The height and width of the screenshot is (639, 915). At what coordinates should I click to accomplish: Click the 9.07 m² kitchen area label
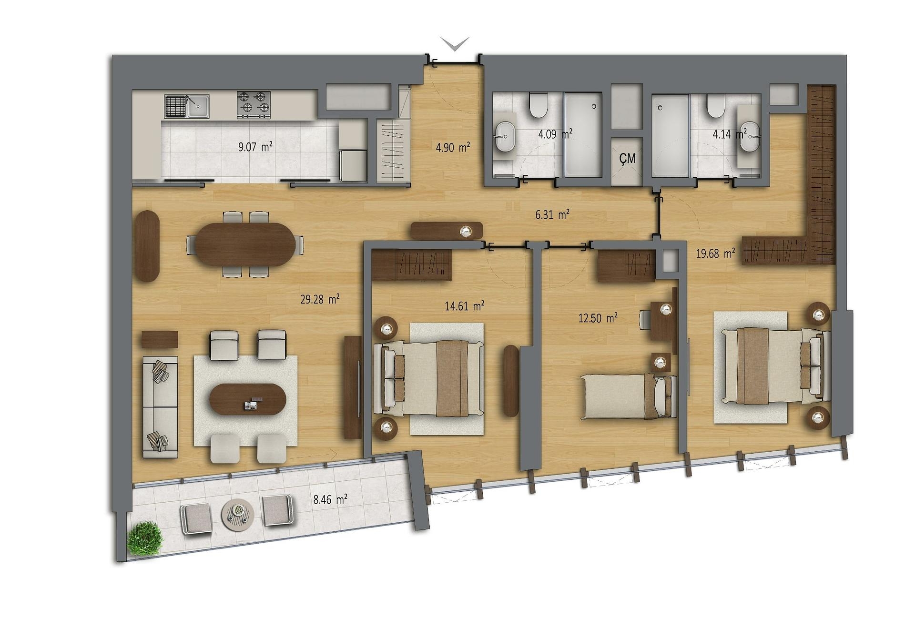(x=255, y=146)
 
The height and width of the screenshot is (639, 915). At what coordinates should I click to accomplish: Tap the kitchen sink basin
(x=198, y=106)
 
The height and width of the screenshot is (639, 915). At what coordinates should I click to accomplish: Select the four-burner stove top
(x=254, y=105)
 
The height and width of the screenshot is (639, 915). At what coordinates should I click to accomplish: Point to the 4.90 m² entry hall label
(x=453, y=147)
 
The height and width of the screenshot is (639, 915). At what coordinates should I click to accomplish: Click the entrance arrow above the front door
(x=455, y=44)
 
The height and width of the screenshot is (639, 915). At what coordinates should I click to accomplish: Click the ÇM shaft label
(x=627, y=158)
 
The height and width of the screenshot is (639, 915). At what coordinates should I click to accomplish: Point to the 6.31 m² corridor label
(x=552, y=214)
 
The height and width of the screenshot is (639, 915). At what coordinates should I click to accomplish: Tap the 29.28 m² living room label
(x=320, y=299)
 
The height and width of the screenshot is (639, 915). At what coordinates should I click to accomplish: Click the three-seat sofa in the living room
(x=160, y=407)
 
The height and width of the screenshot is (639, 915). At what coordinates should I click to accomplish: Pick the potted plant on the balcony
(x=145, y=538)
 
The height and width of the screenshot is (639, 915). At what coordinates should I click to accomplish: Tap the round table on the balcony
(x=237, y=514)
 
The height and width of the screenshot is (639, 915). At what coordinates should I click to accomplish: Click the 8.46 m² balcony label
(x=330, y=499)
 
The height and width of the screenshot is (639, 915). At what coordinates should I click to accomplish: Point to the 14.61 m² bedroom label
(x=465, y=306)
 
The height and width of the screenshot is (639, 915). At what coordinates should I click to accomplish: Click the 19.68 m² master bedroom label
(x=715, y=253)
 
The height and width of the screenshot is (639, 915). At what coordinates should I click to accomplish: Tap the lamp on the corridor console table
(x=466, y=232)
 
